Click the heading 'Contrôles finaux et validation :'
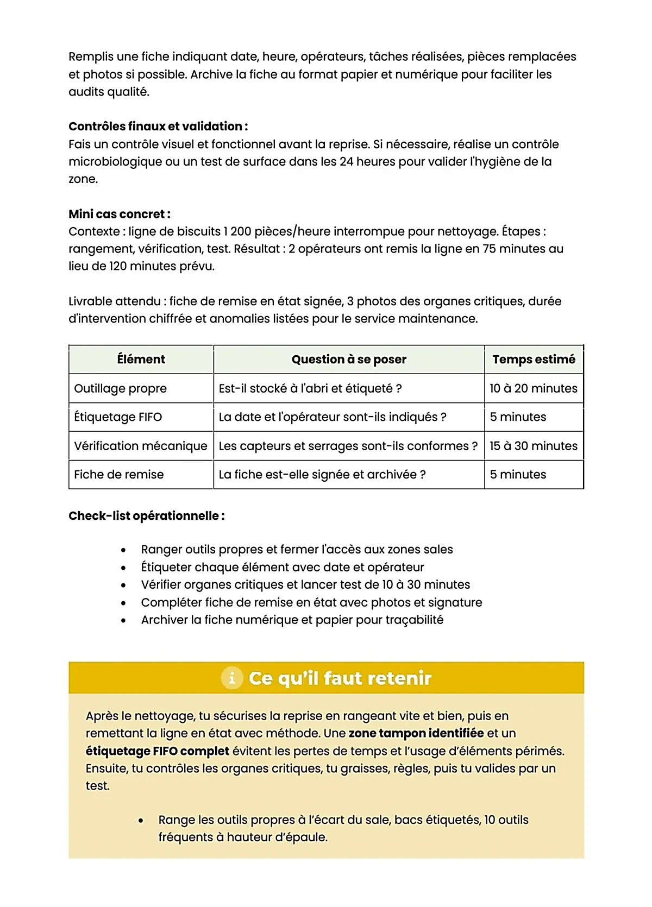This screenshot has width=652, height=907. point(158,127)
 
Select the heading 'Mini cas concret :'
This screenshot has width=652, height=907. point(120,214)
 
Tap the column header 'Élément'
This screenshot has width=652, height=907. point(141,360)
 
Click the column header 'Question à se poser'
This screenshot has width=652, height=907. point(349,360)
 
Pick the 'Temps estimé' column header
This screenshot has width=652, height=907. point(534,360)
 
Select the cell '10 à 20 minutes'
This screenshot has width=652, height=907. point(533,388)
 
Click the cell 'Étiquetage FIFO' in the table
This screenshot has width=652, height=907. point(118,417)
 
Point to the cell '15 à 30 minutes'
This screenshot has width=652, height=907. point(533,446)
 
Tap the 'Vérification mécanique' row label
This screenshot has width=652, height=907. point(141,446)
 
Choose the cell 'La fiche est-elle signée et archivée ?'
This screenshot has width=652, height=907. point(322,475)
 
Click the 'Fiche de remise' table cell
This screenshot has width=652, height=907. point(119,475)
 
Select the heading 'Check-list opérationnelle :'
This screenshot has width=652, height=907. point(147,516)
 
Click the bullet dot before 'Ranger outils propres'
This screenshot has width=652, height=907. point(124,550)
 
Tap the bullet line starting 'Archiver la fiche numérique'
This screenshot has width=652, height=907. point(292,620)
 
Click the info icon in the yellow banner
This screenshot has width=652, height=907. point(231,678)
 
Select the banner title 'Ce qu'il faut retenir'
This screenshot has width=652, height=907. point(340,678)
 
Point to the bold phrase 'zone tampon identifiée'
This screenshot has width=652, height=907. point(416,733)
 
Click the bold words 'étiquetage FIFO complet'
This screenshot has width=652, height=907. point(158,751)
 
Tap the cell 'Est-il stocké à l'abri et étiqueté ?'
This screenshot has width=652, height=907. point(310,388)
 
